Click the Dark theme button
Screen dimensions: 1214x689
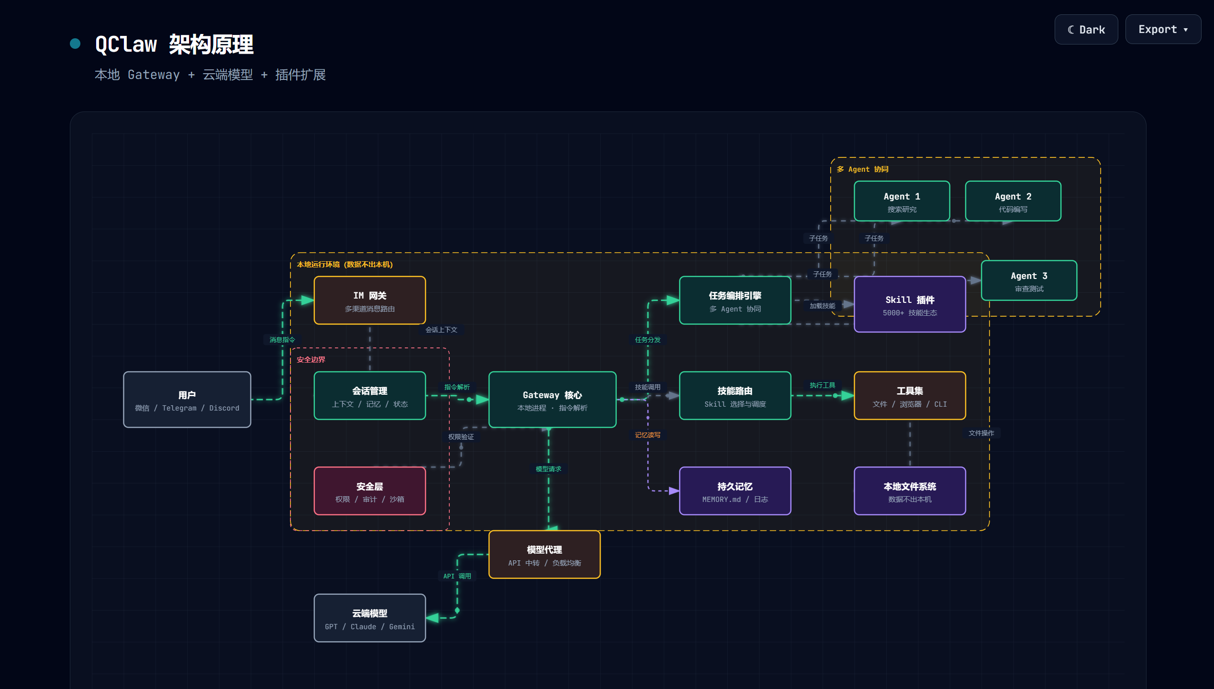pyautogui.click(x=1086, y=30)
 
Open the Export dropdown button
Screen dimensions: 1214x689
pyautogui.click(x=1163, y=30)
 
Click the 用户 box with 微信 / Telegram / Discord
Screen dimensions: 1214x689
pyautogui.click(x=187, y=400)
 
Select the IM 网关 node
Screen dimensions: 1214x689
pyautogui.click(x=370, y=300)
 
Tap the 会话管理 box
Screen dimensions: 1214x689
pyautogui.click(x=370, y=396)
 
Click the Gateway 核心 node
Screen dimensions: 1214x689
pyautogui.click(x=552, y=400)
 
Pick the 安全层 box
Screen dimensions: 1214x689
pyautogui.click(x=370, y=491)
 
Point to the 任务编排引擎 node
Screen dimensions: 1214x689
pyautogui.click(x=735, y=300)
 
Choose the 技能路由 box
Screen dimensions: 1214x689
pyautogui.click(x=735, y=396)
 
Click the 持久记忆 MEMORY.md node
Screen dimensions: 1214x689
pyautogui.click(x=735, y=491)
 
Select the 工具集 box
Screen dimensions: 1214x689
pyautogui.click(x=910, y=396)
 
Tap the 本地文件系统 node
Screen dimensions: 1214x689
pyautogui.click(x=910, y=491)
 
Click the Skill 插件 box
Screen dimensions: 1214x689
pyautogui.click(x=910, y=304)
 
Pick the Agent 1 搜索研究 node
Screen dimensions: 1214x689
pyautogui.click(x=902, y=201)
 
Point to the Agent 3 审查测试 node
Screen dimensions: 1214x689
pyautogui.click(x=1029, y=280)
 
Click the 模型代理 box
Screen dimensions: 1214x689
pyautogui.click(x=545, y=555)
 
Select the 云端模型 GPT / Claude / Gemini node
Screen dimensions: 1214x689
pyautogui.click(x=370, y=618)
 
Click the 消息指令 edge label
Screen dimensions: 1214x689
pyautogui.click(x=282, y=340)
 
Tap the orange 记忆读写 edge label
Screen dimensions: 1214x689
pyautogui.click(x=647, y=435)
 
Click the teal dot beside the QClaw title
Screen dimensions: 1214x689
pyautogui.click(x=75, y=44)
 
